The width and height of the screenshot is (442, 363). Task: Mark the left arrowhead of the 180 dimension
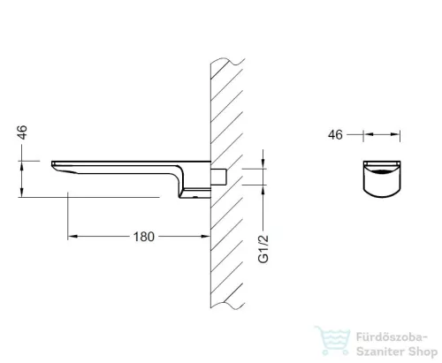pyautogui.click(x=72, y=237)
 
